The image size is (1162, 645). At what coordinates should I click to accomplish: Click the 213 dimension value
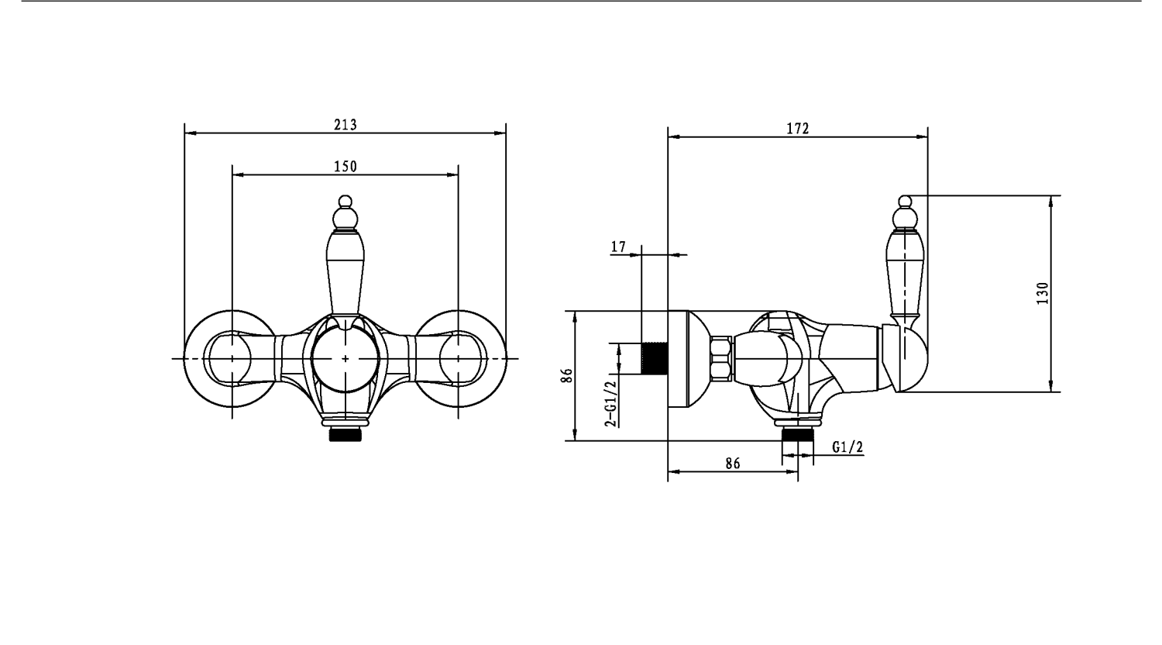click(x=346, y=125)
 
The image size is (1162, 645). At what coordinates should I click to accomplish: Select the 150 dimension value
click(x=346, y=166)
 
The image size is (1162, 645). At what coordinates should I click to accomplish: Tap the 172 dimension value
click(x=798, y=128)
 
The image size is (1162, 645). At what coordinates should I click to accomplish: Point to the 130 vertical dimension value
click(x=1043, y=293)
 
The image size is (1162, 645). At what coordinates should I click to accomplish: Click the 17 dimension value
click(x=618, y=247)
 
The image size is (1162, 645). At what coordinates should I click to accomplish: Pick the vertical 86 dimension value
click(x=567, y=375)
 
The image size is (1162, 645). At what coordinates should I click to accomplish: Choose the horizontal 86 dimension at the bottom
click(x=733, y=464)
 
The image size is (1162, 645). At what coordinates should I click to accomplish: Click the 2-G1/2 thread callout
click(x=612, y=404)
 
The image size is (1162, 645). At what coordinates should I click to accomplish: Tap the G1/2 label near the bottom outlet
click(x=847, y=447)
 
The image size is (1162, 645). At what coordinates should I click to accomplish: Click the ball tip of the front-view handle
click(x=345, y=202)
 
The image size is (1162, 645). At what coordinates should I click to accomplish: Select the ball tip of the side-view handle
click(x=905, y=202)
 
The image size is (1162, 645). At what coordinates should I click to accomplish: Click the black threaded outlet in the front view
click(x=345, y=435)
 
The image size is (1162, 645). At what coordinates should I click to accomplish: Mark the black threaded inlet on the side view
click(x=655, y=358)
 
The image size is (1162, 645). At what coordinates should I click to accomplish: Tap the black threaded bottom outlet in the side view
click(x=798, y=435)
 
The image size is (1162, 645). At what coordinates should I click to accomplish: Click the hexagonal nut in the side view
click(x=720, y=358)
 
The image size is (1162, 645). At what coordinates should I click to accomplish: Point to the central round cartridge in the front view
click(x=346, y=359)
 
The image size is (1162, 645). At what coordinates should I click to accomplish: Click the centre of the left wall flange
click(x=232, y=358)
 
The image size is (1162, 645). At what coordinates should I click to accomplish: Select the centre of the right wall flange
click(x=459, y=358)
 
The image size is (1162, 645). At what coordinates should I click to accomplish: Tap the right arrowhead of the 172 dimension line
click(x=922, y=137)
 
